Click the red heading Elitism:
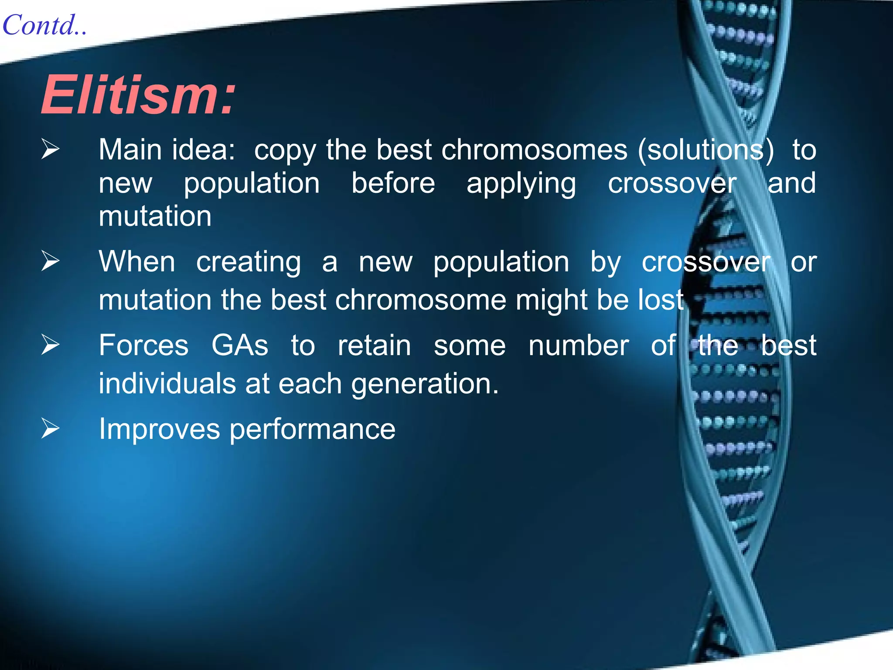click(x=139, y=95)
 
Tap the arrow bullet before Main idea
click(x=50, y=149)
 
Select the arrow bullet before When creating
click(x=50, y=261)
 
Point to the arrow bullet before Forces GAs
click(x=50, y=345)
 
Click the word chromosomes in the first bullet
click(x=534, y=150)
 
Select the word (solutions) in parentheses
click(x=706, y=150)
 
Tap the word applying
click(x=521, y=184)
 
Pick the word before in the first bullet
click(x=393, y=183)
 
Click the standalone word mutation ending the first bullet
click(x=155, y=216)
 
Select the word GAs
click(x=240, y=345)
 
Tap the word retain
click(x=374, y=345)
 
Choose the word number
click(x=579, y=345)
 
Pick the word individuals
click(x=167, y=384)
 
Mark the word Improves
click(x=159, y=430)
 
